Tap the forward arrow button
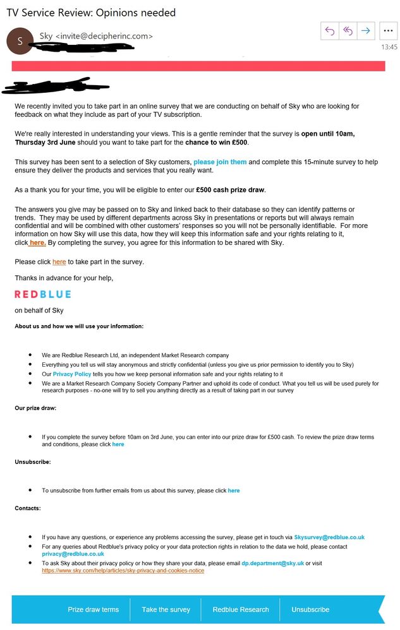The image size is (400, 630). tap(366, 30)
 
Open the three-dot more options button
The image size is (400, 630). tap(388, 30)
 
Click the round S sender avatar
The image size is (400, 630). tap(20, 41)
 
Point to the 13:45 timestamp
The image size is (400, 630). tap(389, 47)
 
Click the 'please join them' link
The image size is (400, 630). tap(220, 162)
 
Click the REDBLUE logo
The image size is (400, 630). tap(43, 294)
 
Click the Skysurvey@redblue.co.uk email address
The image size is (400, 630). tap(329, 537)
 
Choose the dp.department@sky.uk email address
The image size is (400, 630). tap(272, 563)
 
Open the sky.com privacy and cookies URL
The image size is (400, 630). tap(123, 571)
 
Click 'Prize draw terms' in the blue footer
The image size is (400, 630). tap(93, 610)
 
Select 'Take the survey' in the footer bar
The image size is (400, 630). tap(166, 610)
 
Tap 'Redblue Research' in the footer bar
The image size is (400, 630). tap(240, 610)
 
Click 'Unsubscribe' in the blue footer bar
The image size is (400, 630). tap(310, 610)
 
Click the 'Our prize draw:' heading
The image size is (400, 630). tap(35, 408)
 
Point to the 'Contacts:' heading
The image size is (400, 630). tap(28, 508)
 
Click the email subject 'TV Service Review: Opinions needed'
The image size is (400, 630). tap(91, 13)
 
